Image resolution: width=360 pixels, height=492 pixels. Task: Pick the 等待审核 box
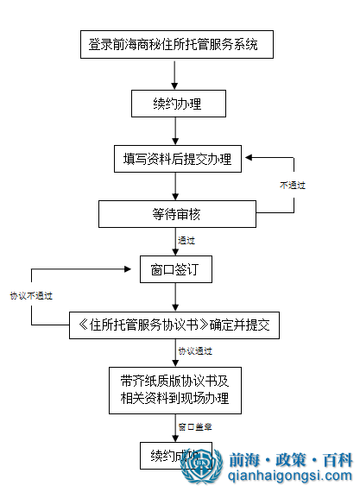coord(176,213)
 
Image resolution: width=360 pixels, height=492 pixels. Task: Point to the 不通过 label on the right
coord(292,186)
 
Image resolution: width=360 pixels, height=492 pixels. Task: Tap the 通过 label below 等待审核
coord(186,241)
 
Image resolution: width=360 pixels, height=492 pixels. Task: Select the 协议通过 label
coord(196,352)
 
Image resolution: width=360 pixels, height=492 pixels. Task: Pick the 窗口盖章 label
coord(196,426)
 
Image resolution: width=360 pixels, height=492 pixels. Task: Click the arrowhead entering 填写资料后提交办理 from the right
coord(250,158)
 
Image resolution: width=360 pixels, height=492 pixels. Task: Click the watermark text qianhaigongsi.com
coord(290,476)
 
